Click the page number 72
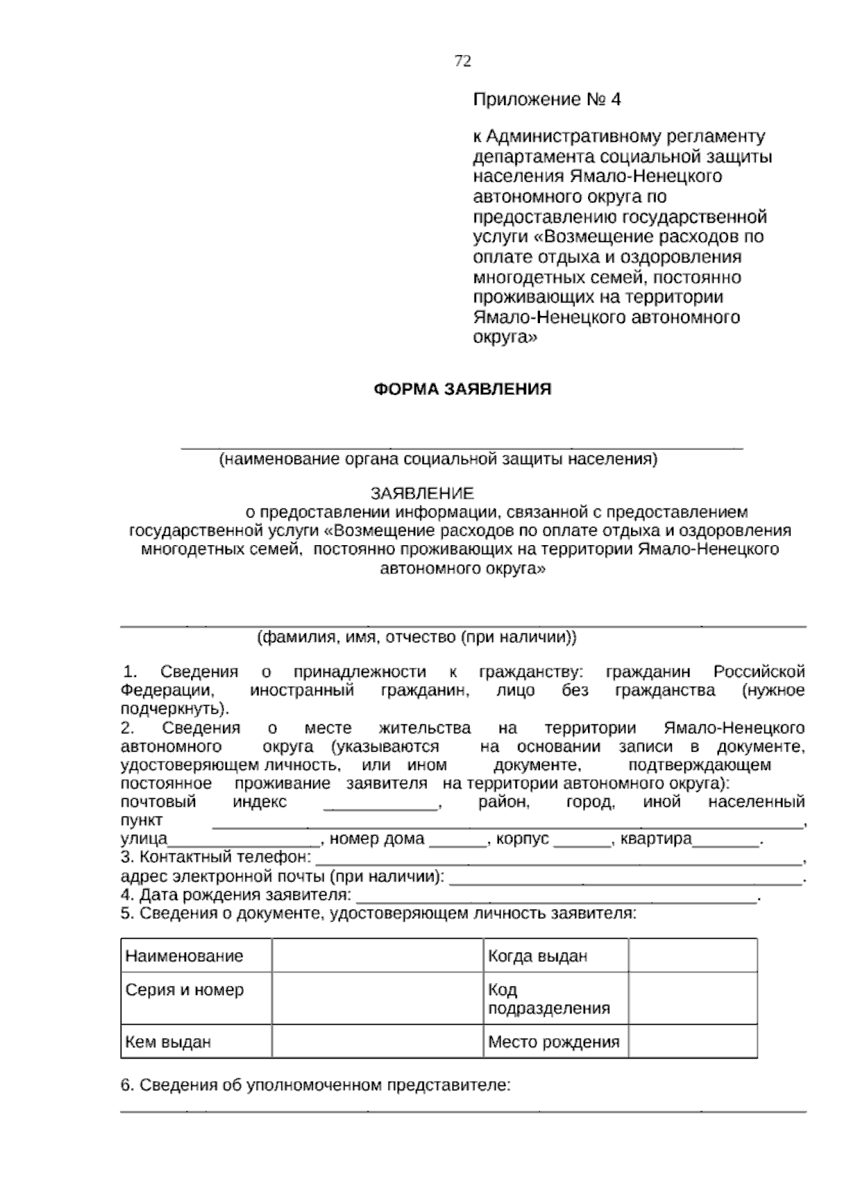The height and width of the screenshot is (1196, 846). (462, 61)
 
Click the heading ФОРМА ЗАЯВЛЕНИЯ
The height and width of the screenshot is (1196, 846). (462, 389)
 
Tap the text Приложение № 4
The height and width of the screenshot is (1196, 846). (546, 99)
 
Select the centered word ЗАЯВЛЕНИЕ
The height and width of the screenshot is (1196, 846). (422, 493)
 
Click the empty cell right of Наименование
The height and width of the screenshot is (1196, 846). (377, 956)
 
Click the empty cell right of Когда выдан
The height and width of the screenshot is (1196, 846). (692, 956)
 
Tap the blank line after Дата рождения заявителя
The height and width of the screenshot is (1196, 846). (557, 898)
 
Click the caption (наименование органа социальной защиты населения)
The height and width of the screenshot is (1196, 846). (437, 460)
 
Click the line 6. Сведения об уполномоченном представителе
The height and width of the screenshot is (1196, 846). (315, 1085)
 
